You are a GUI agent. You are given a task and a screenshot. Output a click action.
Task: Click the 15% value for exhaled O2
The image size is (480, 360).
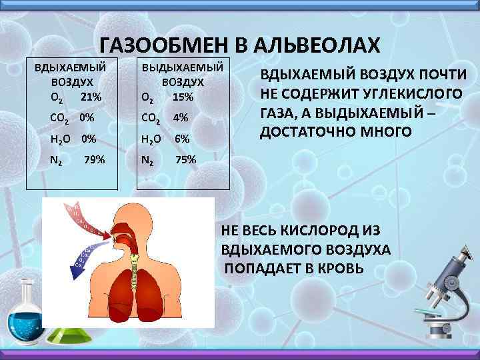[183, 97]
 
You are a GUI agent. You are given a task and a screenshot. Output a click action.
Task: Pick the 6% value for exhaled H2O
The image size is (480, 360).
[182, 139]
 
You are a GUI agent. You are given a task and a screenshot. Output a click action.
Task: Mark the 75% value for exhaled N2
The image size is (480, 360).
[185, 159]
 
